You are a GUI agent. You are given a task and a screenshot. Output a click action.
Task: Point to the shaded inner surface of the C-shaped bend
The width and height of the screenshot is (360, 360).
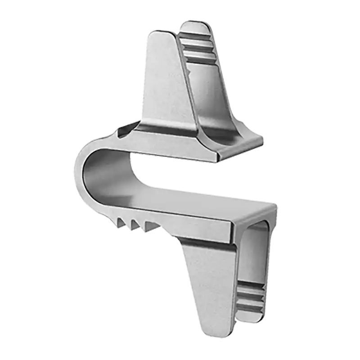click(x=101, y=173)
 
